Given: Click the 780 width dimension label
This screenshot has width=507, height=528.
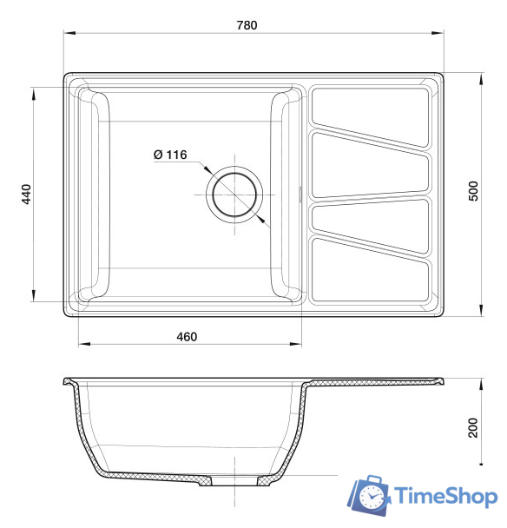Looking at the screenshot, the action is click(x=247, y=25).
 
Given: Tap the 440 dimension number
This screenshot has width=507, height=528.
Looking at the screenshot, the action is click(x=26, y=194).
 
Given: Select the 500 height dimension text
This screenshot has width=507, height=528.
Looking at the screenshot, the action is click(x=473, y=191).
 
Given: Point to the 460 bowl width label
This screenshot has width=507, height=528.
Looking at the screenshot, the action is click(x=187, y=337).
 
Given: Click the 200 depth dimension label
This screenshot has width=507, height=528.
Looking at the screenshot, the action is click(x=473, y=427).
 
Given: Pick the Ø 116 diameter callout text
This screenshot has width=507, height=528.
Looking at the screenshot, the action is click(x=170, y=155).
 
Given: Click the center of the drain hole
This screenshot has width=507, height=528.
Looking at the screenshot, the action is click(x=234, y=195).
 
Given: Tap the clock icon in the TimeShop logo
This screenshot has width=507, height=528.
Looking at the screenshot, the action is click(x=372, y=497).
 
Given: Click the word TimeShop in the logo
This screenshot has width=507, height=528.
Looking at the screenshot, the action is click(x=446, y=496).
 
